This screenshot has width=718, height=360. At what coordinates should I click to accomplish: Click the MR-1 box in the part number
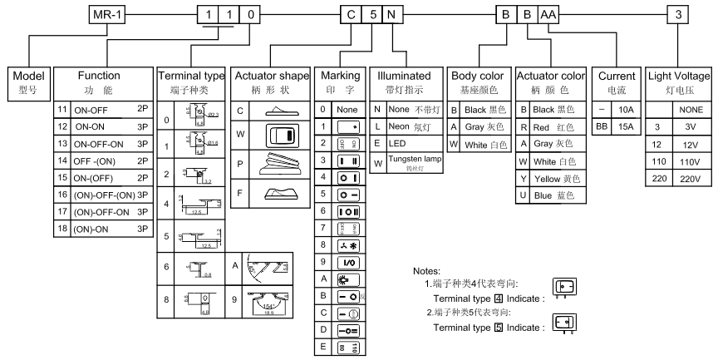click(x=106, y=14)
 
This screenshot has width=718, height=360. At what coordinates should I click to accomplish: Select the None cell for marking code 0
click(x=346, y=109)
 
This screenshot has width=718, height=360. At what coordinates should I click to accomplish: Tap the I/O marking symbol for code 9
click(x=346, y=262)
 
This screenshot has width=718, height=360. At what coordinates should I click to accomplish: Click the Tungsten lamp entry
click(x=413, y=163)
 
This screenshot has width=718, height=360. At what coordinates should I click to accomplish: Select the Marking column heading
click(x=339, y=81)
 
